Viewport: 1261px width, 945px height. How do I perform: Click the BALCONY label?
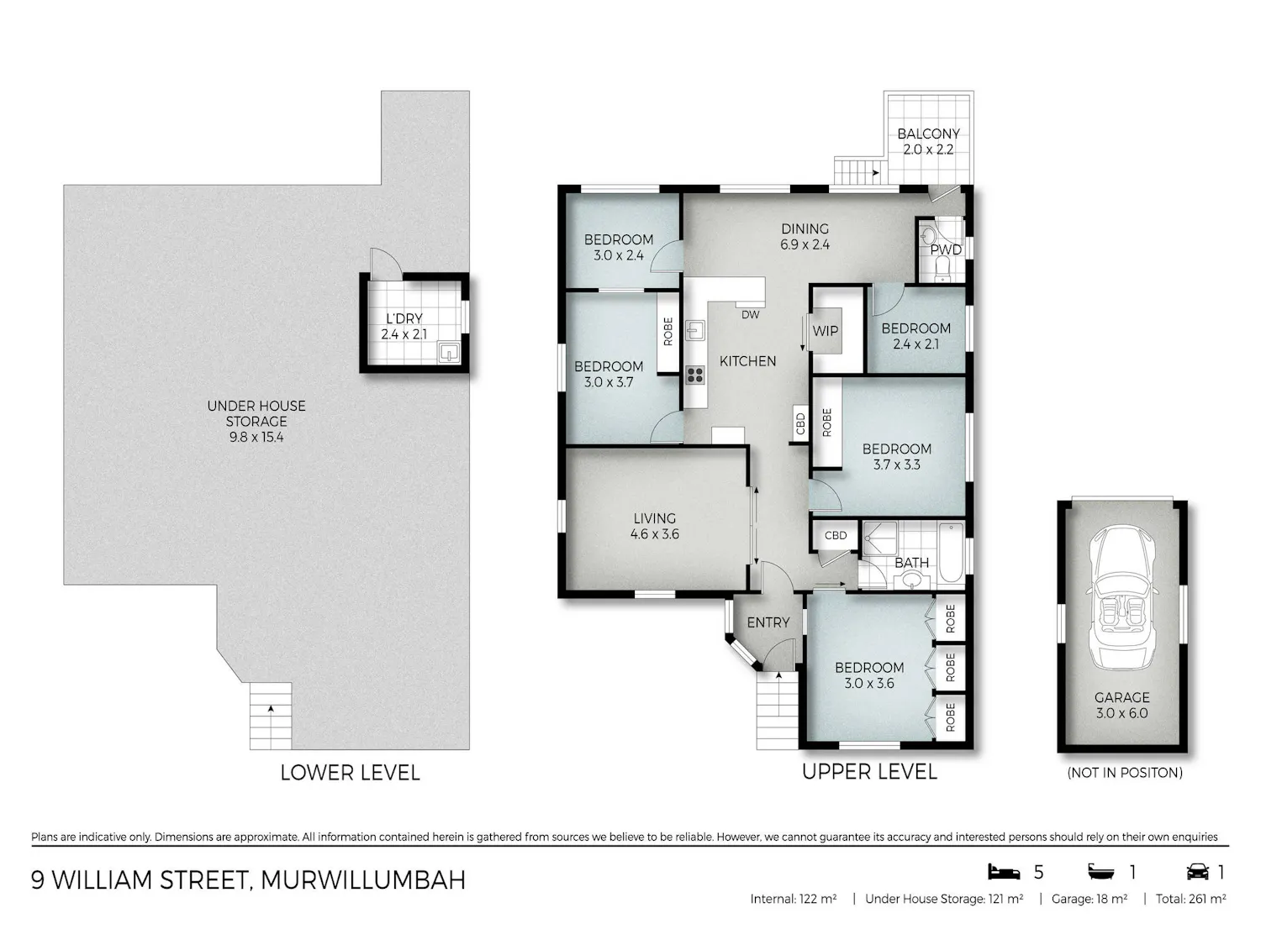[x=928, y=134]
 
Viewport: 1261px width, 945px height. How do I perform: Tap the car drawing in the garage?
[x=1122, y=598]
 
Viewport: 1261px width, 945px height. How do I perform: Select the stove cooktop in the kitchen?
[x=695, y=375]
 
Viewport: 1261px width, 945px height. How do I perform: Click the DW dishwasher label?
[x=750, y=314]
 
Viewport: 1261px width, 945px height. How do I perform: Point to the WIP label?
[x=825, y=331]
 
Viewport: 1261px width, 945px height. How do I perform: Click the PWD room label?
[x=946, y=249]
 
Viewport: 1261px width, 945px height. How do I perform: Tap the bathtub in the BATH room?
[x=952, y=553]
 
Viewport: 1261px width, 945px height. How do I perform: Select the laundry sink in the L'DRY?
[x=449, y=351]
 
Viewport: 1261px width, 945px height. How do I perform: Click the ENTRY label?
[x=768, y=622]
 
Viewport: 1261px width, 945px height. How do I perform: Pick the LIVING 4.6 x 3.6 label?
[x=654, y=526]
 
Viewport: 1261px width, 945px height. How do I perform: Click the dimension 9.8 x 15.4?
[x=256, y=437]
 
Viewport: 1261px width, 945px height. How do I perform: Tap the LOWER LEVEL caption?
[x=350, y=772]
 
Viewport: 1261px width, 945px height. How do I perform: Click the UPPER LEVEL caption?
[x=869, y=772]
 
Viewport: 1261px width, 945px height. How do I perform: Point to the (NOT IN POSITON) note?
[x=1124, y=773]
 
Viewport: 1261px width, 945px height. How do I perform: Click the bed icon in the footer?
[x=1003, y=872]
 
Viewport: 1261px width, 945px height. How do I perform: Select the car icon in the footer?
[x=1197, y=872]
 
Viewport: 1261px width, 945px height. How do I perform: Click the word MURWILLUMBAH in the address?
[x=363, y=880]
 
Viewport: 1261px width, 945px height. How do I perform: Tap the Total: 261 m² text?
[x=1190, y=899]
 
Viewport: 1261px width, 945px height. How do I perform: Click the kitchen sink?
[x=695, y=330]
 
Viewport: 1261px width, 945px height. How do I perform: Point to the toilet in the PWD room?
[x=942, y=270]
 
